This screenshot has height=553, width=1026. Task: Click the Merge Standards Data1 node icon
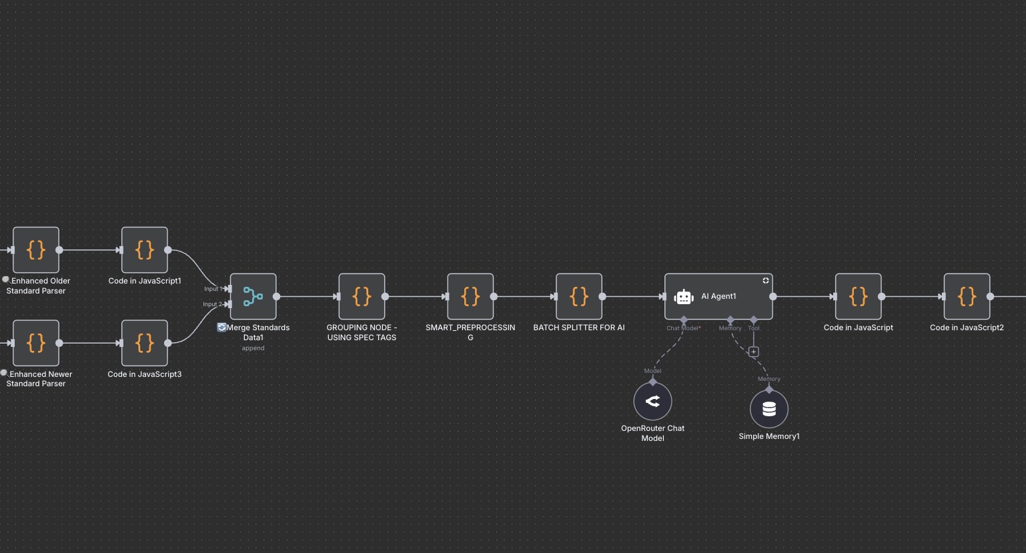point(253,296)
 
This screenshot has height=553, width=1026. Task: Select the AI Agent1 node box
point(718,296)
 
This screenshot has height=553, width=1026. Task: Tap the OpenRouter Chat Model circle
point(652,401)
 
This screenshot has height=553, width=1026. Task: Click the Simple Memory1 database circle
point(769,409)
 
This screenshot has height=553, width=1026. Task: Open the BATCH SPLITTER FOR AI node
point(579,296)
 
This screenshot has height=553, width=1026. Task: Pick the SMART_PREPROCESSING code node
point(470,296)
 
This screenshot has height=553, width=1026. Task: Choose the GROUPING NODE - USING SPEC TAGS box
point(362,296)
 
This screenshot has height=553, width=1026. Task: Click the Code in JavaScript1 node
point(144,250)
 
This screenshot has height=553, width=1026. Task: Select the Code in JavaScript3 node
point(144,343)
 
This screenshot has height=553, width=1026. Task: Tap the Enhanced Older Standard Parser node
point(36,250)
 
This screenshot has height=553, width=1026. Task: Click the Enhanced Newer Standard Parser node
point(36,343)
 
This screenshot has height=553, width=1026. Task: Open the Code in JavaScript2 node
point(967,296)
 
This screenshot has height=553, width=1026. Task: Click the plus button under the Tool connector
point(754,352)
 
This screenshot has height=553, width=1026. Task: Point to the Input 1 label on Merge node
point(212,289)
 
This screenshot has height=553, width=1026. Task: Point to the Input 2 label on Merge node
point(212,304)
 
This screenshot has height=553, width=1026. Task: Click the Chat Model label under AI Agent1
point(682,328)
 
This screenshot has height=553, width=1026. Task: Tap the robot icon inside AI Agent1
point(684,297)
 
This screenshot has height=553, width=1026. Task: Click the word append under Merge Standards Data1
point(253,348)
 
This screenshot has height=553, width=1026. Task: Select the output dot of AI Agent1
point(773,296)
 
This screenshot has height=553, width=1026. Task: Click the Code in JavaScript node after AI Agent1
point(858,296)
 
